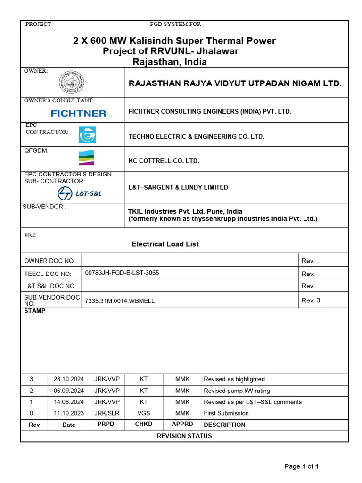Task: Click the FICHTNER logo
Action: tap(78, 113)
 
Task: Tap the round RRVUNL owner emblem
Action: tap(71, 83)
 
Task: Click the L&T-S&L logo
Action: tap(79, 193)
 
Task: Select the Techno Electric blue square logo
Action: tap(87, 135)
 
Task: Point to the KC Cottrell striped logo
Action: tap(86, 158)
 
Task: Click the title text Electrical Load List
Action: tap(165, 244)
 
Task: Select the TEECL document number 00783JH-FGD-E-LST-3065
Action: tap(122, 273)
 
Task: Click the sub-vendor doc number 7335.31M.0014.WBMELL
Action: tap(120, 300)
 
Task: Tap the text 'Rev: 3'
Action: tap(311, 300)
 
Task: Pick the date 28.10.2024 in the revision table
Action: tap(69, 379)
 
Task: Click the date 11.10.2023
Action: tap(69, 413)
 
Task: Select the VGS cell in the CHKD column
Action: tap(144, 413)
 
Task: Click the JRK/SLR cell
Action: tap(107, 413)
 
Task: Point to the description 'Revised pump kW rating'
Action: tap(237, 391)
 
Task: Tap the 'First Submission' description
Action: tap(226, 413)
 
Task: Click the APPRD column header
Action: tap(182, 424)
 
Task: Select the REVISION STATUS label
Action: tap(184, 436)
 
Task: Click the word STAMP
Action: tap(35, 311)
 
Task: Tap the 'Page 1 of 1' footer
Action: tap(302, 466)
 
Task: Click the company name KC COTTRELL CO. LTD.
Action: tap(164, 161)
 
